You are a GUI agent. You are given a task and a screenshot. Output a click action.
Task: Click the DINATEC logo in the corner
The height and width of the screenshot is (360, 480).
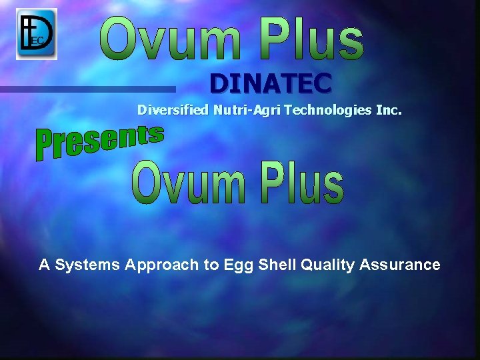[37, 33]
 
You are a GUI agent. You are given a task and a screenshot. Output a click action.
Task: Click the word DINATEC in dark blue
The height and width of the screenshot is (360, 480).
[270, 84]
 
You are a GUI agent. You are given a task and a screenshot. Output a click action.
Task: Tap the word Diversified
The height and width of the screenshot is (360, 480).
[173, 110]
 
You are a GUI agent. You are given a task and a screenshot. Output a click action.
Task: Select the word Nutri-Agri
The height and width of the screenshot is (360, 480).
[247, 110]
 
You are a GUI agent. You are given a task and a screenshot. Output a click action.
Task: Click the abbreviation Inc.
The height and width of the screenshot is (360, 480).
[389, 110]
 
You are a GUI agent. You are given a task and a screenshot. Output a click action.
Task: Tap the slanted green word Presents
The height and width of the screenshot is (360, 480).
[99, 142]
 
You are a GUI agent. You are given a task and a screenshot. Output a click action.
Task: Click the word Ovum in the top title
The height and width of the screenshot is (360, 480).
[172, 38]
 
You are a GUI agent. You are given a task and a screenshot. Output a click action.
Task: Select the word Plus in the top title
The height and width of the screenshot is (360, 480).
[311, 38]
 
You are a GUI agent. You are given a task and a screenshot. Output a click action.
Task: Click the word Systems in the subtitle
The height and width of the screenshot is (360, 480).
[87, 265]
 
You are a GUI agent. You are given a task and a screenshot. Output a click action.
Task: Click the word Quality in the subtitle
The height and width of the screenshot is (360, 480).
[327, 265]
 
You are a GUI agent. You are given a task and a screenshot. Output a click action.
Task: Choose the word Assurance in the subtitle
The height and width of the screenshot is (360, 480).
[400, 265]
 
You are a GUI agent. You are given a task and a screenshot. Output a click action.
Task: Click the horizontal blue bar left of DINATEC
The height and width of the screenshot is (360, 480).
[87, 89]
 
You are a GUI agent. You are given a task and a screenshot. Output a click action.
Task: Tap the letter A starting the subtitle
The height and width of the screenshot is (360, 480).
[45, 265]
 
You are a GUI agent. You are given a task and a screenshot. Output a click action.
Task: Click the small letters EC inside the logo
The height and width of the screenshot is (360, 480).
[38, 41]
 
